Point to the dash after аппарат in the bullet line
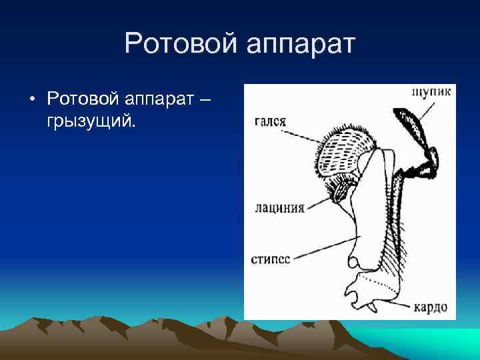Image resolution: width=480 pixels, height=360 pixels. pos(204,100)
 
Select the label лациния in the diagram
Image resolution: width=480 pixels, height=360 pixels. pos(279,207)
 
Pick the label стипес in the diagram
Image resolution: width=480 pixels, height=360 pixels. pos(271,259)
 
